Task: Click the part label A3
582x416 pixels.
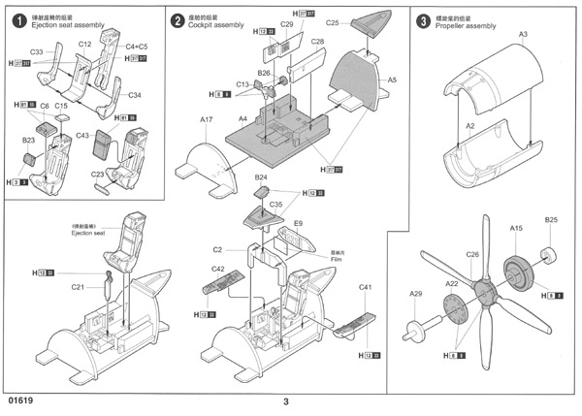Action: point(522,35)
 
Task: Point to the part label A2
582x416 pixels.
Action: point(469,127)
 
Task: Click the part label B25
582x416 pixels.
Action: point(550,220)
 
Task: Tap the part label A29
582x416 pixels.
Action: point(416,294)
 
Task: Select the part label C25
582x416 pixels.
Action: point(333,21)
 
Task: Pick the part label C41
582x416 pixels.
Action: point(366,288)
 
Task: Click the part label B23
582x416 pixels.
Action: point(29,141)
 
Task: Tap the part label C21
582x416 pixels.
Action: point(77,287)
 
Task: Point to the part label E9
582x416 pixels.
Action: point(298,223)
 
